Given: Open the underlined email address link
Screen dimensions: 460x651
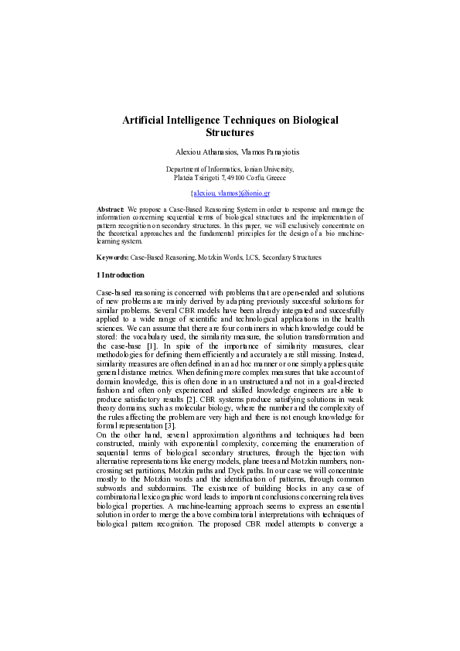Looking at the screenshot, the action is [x=230, y=193].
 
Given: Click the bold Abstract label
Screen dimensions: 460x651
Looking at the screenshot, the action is [x=111, y=209].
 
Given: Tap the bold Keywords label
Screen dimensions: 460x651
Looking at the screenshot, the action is [x=112, y=257].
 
